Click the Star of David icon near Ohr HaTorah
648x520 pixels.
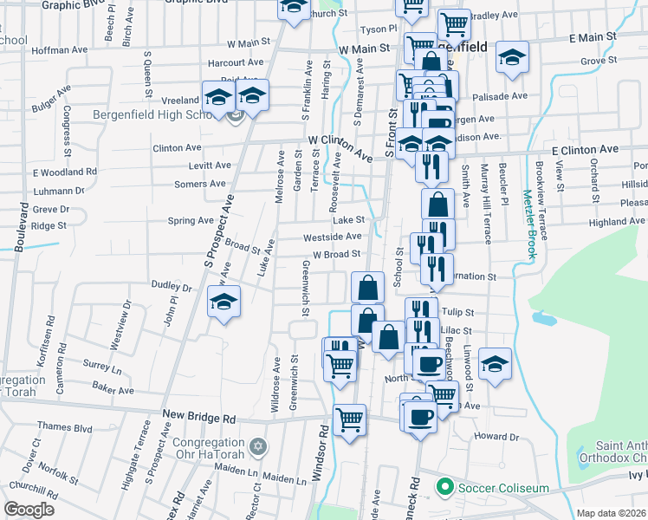click(x=256, y=447)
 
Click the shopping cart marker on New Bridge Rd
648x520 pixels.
click(x=349, y=420)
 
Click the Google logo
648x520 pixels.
click(x=29, y=509)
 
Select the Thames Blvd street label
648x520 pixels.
click(x=64, y=427)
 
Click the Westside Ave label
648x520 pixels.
click(x=332, y=237)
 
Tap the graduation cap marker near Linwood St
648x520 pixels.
click(x=494, y=363)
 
